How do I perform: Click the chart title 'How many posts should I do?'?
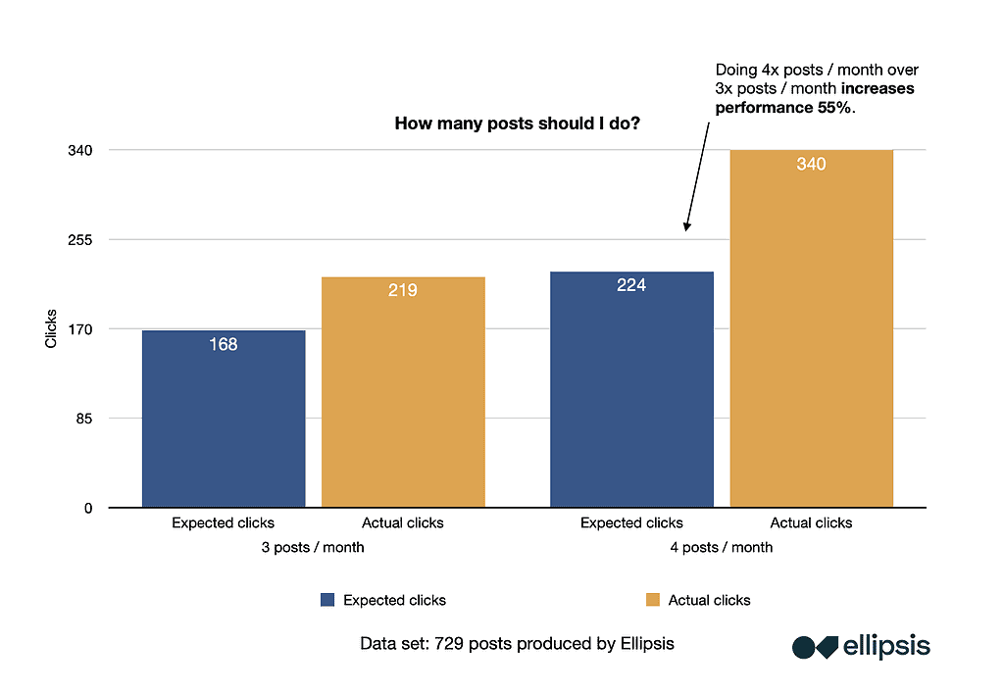point(505,124)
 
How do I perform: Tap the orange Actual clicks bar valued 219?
point(403,392)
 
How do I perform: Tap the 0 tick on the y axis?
point(88,508)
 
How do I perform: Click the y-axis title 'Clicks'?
point(52,329)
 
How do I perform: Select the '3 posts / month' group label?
point(313,547)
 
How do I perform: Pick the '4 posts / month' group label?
point(721,547)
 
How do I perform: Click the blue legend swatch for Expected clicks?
point(327,600)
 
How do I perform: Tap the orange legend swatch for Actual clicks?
point(653,600)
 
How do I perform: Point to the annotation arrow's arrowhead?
point(686,227)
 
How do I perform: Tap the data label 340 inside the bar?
point(811,164)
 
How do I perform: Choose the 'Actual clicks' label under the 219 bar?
point(403,522)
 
